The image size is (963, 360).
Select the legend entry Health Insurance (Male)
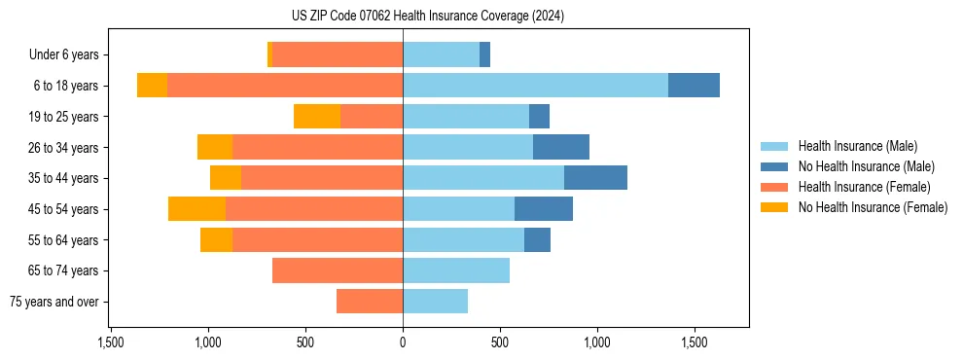[x=857, y=146]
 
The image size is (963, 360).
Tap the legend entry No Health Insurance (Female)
[x=873, y=207]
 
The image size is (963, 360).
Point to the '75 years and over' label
[x=53, y=302]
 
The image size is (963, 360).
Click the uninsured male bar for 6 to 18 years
[x=694, y=86]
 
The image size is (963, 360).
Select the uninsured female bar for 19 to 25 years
[x=317, y=117]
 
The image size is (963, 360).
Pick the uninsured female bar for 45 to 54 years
[x=196, y=209]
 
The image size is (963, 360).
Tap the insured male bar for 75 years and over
[x=435, y=302]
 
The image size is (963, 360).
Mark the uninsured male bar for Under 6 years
[x=484, y=55]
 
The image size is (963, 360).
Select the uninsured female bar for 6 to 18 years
[x=152, y=86]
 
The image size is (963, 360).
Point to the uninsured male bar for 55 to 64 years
[x=537, y=239]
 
